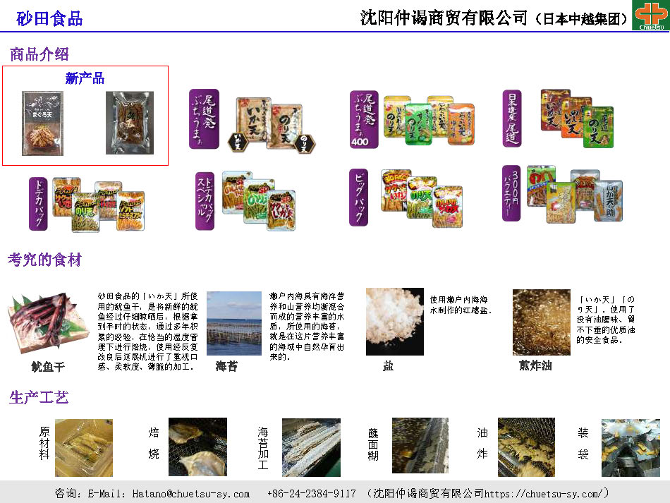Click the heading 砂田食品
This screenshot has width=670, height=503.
click(49, 19)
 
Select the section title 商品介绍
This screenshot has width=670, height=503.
click(39, 54)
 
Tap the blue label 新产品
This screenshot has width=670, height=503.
click(85, 78)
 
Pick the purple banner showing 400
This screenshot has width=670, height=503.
click(364, 119)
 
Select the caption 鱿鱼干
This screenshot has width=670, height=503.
click(47, 367)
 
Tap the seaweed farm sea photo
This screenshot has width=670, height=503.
click(233, 323)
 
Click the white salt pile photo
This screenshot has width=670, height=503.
click(394, 322)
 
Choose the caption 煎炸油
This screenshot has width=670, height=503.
click(535, 365)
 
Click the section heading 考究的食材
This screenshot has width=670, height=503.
click(44, 260)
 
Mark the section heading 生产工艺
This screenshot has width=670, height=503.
click(39, 397)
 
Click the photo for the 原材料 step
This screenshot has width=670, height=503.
click(83, 447)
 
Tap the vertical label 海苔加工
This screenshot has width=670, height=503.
click(263, 447)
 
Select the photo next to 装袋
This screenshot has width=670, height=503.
click(630, 447)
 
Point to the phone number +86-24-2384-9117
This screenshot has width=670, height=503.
click(311, 494)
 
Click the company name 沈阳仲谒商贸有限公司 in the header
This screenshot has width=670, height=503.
click(444, 18)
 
